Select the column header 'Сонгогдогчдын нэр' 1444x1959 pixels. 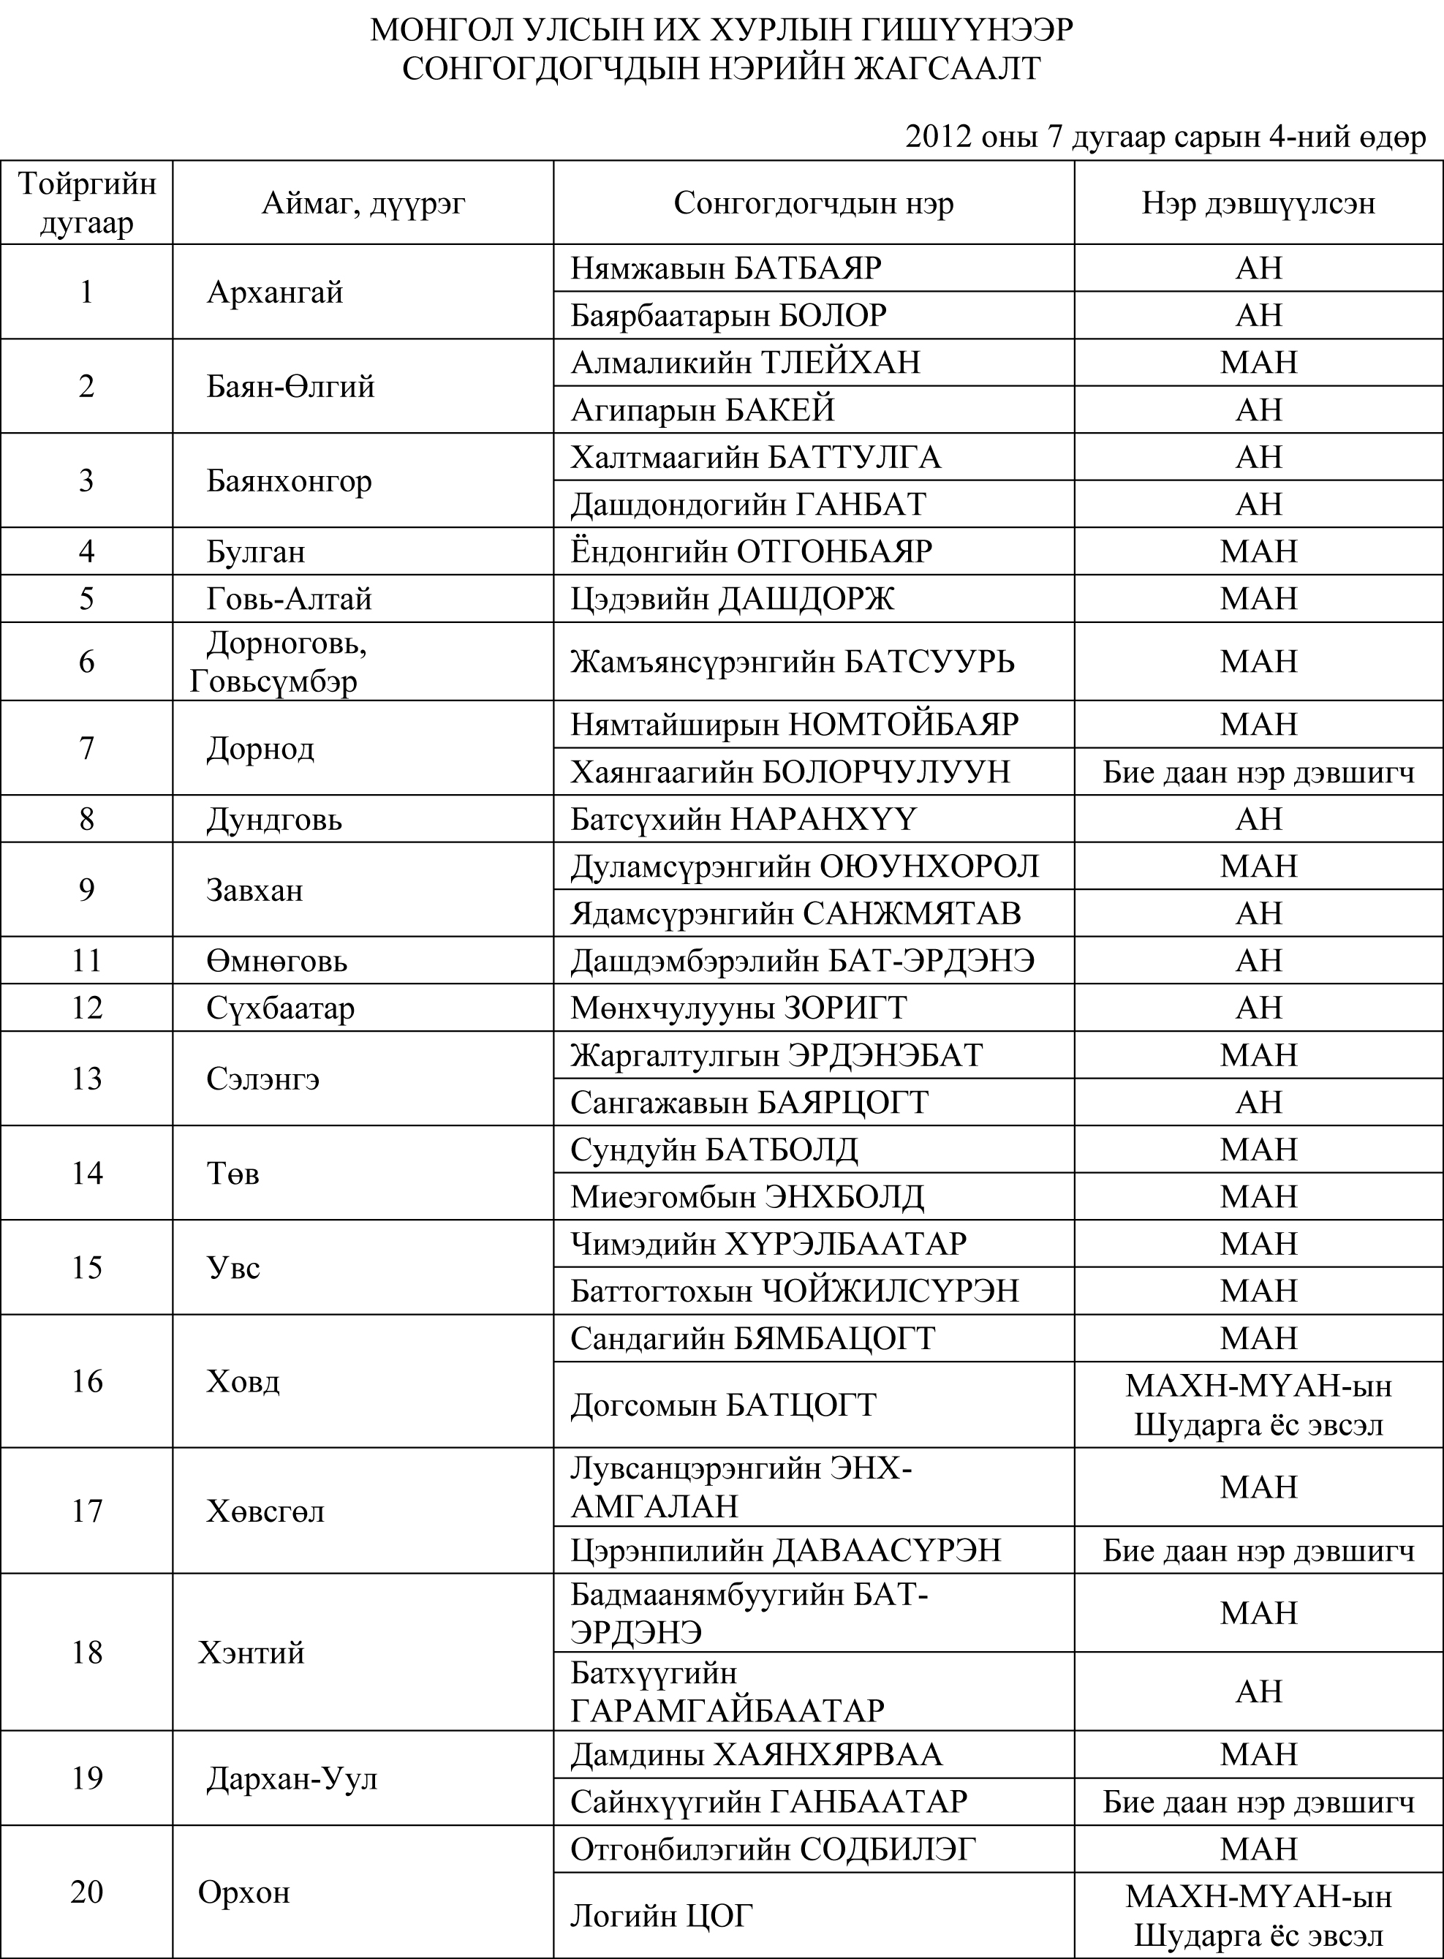tap(813, 203)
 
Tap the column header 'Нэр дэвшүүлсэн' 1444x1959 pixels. tap(1258, 203)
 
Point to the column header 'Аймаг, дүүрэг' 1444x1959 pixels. tap(363, 203)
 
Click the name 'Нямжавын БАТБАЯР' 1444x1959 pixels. tap(725, 268)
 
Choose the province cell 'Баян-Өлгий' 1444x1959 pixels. tap(290, 385)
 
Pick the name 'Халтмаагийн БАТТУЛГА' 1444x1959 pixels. tap(755, 457)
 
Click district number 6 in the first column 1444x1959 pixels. tap(86, 661)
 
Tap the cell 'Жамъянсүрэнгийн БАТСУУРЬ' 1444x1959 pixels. tap(792, 662)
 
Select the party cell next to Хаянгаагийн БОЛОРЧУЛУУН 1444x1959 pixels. tap(1258, 772)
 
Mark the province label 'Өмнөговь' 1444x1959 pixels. tap(276, 961)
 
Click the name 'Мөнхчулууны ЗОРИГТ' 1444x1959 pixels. tap(738, 1008)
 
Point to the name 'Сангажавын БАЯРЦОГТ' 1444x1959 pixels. tap(749, 1102)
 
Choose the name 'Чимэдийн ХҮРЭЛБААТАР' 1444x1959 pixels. tap(768, 1243)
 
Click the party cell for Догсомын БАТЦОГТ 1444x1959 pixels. tap(1258, 1405)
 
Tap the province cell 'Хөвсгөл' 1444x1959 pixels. tap(265, 1511)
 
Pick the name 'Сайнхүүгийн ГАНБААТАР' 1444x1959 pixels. tap(768, 1802)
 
